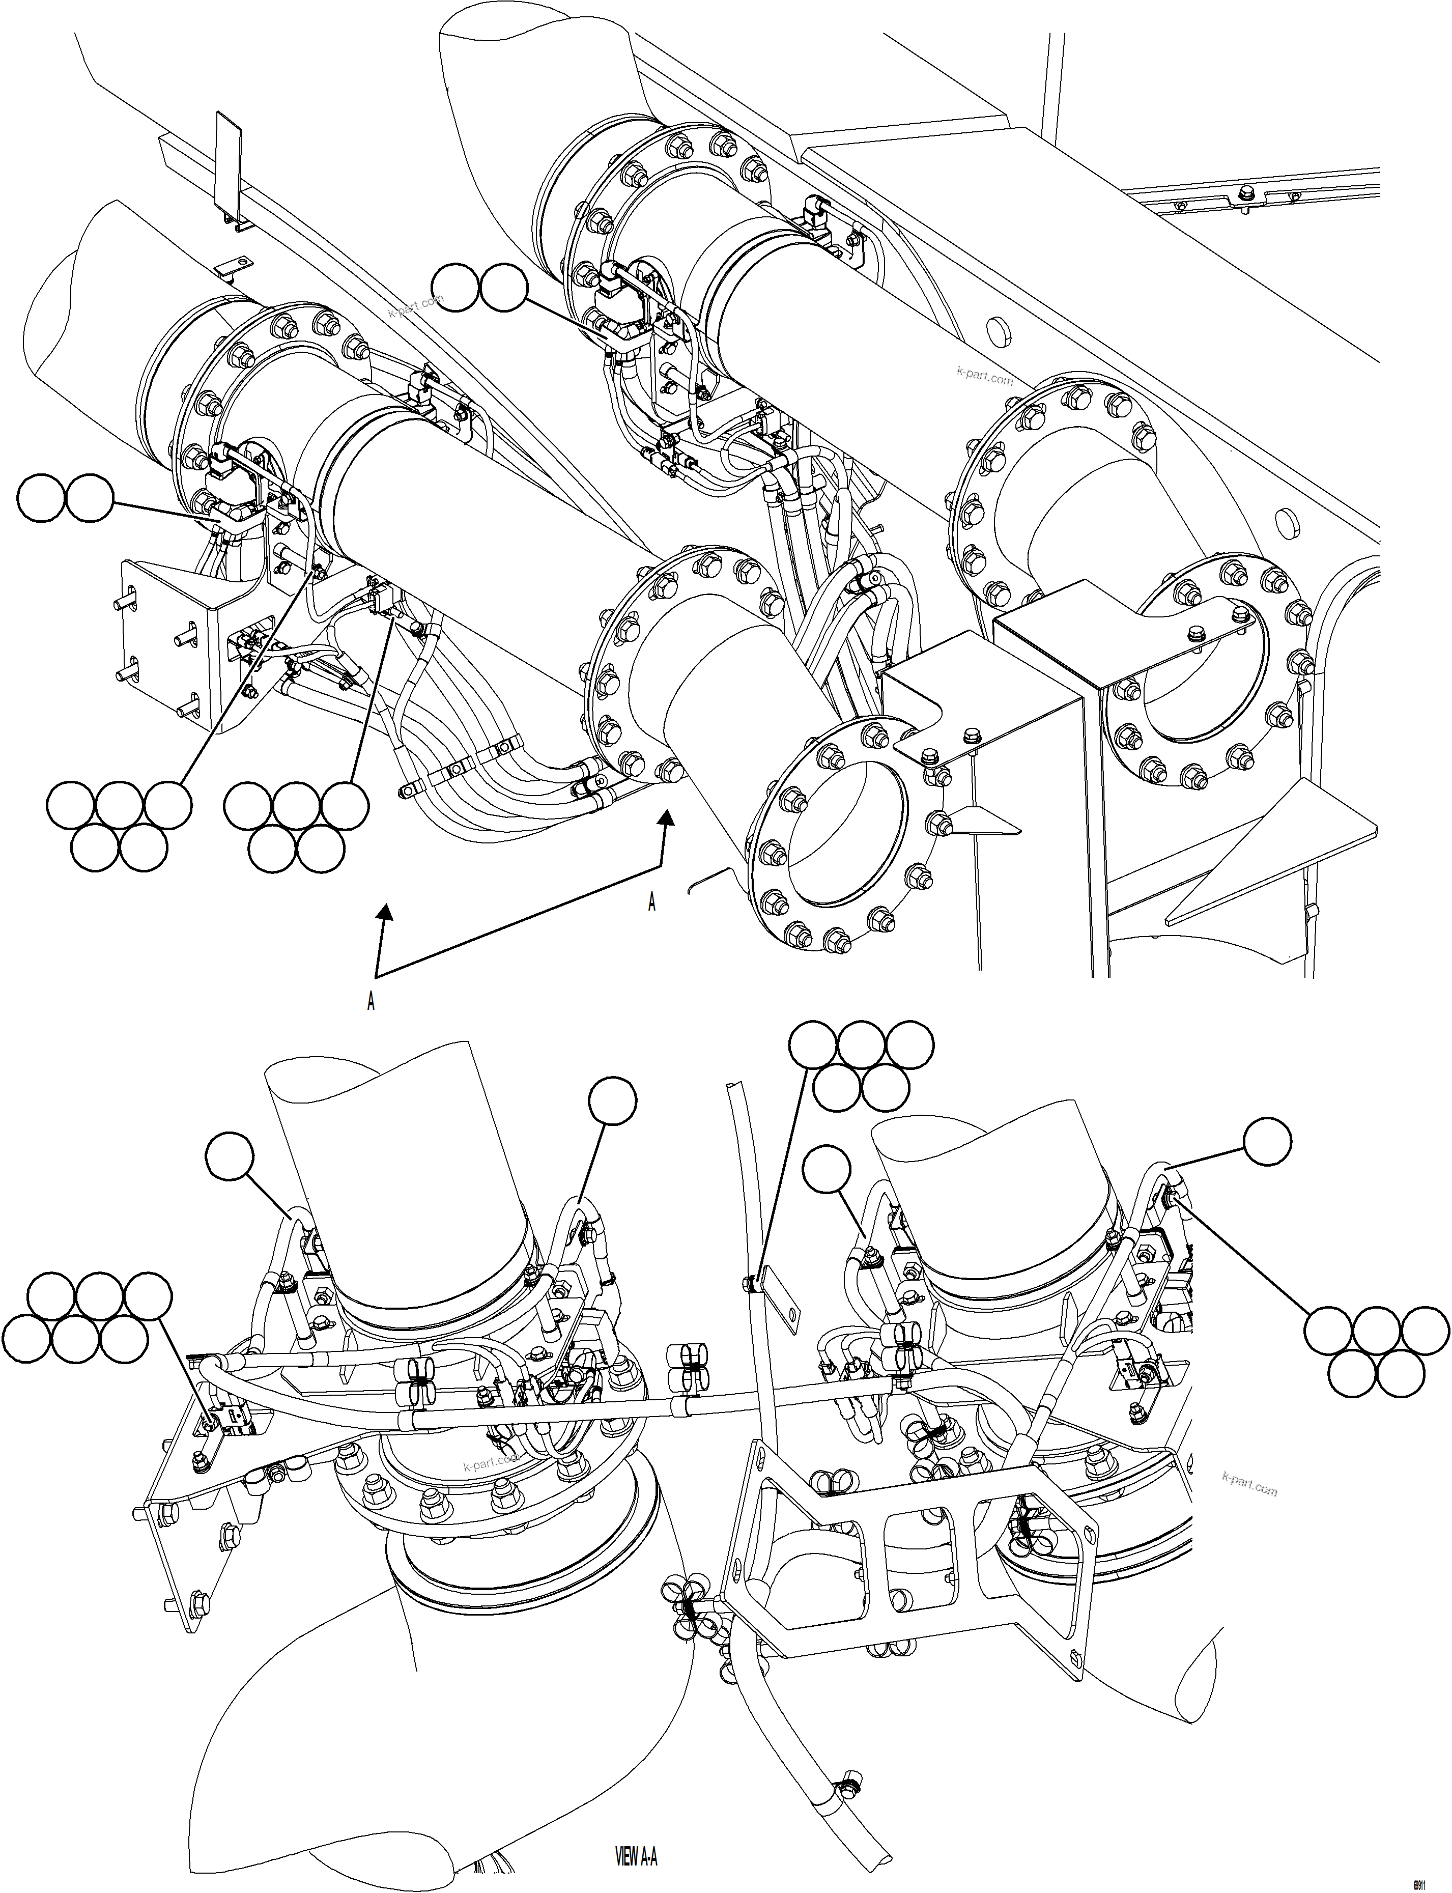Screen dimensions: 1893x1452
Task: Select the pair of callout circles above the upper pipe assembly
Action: point(480,288)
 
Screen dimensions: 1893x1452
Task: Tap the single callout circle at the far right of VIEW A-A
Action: point(1267,1141)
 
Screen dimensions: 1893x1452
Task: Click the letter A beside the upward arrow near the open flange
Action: point(651,902)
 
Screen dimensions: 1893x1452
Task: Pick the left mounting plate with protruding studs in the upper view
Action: point(164,640)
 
